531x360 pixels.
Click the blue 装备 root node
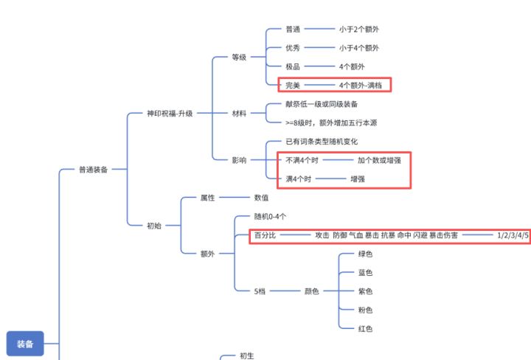click(25, 344)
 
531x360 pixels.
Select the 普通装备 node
click(93, 170)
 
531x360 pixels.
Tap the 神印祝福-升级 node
click(170, 114)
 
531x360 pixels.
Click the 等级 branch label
click(239, 57)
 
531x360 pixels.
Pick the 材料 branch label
click(239, 114)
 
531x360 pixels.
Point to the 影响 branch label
click(239, 159)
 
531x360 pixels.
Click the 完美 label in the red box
click(293, 85)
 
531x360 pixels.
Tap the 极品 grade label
click(293, 66)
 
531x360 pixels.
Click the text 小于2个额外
click(359, 30)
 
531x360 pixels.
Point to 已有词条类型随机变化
click(322, 141)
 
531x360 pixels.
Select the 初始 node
click(153, 226)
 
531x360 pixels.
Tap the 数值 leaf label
click(261, 198)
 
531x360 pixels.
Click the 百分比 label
click(265, 235)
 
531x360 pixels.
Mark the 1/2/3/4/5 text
click(513, 235)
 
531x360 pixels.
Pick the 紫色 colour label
click(365, 291)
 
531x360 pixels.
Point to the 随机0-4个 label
click(270, 217)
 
